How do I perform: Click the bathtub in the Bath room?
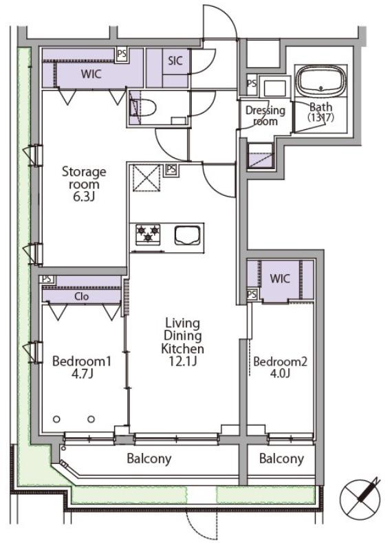pyautogui.click(x=323, y=80)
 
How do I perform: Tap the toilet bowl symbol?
pyautogui.click(x=144, y=107)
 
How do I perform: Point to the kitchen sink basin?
pyautogui.click(x=188, y=235)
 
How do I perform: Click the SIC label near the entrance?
pyautogui.click(x=175, y=60)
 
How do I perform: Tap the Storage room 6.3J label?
pyautogui.click(x=84, y=184)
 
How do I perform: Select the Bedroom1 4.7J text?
pyautogui.click(x=82, y=368)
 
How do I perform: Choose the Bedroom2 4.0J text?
pyautogui.click(x=280, y=368)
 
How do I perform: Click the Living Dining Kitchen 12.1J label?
pyautogui.click(x=182, y=342)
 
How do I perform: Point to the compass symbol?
pyautogui.click(x=360, y=497)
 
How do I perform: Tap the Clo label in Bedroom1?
pyautogui.click(x=81, y=296)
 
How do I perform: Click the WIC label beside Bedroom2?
pyautogui.click(x=280, y=278)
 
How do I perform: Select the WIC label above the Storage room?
pyautogui.click(x=91, y=74)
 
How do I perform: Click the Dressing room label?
pyautogui.click(x=265, y=115)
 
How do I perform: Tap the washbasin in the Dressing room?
pyautogui.click(x=275, y=88)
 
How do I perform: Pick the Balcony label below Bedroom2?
pyautogui.click(x=281, y=458)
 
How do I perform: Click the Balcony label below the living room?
pyautogui.click(x=149, y=458)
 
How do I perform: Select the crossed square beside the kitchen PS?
pyautogui.click(x=146, y=178)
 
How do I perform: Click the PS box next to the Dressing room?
pyautogui.click(x=252, y=83)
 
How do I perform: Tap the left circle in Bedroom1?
pyautogui.click(x=56, y=419)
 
